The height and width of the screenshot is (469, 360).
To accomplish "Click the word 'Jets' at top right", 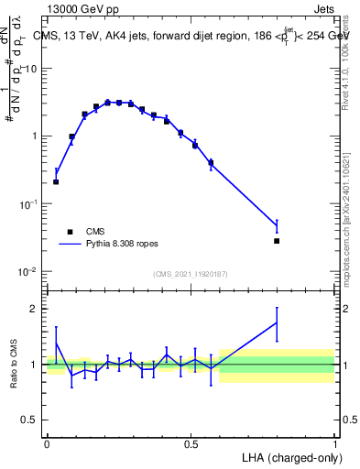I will click(322, 9).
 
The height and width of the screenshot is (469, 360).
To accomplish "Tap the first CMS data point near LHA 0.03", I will click(56, 181).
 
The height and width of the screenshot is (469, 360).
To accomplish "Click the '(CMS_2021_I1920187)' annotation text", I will click(189, 274).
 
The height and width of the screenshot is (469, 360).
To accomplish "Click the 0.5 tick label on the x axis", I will click(191, 443).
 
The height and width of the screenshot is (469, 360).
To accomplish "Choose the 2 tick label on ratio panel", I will click(35, 309).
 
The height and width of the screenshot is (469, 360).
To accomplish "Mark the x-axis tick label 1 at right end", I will click(335, 443).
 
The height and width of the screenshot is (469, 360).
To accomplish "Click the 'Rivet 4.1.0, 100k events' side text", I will click(346, 55).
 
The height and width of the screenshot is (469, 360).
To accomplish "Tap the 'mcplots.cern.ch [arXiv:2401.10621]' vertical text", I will click(346, 211).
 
